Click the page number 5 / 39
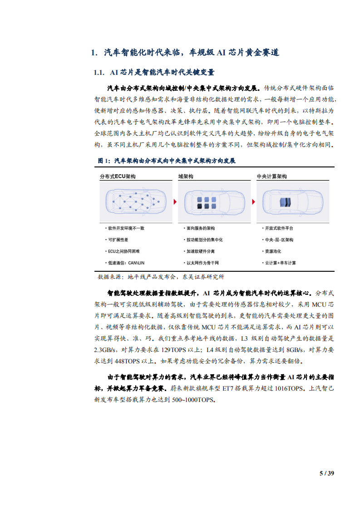click(x=327, y=473)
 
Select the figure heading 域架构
click(x=185, y=176)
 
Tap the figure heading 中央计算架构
click(x=271, y=176)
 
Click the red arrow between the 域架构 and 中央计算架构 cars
click(x=253, y=201)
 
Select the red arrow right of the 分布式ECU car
click(x=175, y=201)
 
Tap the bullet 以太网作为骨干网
click(x=202, y=263)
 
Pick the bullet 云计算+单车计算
click(x=280, y=263)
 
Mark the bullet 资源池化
click(x=273, y=251)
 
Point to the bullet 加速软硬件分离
click(x=200, y=251)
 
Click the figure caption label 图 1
click(x=104, y=161)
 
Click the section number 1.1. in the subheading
click(x=99, y=73)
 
